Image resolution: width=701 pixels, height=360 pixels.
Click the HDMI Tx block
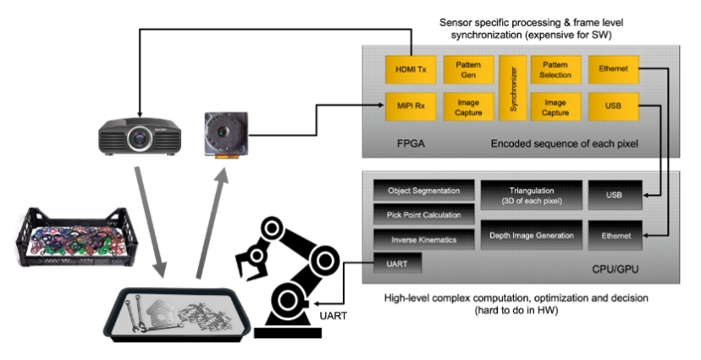click(411, 69)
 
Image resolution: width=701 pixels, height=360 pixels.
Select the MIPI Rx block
click(411, 107)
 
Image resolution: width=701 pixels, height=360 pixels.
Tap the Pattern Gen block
click(468, 69)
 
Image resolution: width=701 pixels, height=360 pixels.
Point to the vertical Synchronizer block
click(513, 88)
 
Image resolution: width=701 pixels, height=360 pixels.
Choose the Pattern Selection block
click(555, 69)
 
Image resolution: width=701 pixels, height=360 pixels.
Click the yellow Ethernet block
click(613, 69)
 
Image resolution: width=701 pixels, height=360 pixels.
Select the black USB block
click(615, 195)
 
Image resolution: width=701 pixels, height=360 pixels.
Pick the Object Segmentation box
click(424, 191)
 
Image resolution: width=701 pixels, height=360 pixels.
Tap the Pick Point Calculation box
click(424, 215)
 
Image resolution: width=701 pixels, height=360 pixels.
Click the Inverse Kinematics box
click(424, 240)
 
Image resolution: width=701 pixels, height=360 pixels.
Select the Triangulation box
click(532, 196)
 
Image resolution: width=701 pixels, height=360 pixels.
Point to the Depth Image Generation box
click(532, 235)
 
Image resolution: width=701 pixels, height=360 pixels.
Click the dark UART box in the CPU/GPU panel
click(397, 263)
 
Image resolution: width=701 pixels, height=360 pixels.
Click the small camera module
click(226, 135)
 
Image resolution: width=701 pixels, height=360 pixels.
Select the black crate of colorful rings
click(76, 237)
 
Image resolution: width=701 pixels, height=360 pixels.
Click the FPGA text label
click(411, 144)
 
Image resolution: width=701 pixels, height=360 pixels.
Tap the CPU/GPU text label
click(615, 269)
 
